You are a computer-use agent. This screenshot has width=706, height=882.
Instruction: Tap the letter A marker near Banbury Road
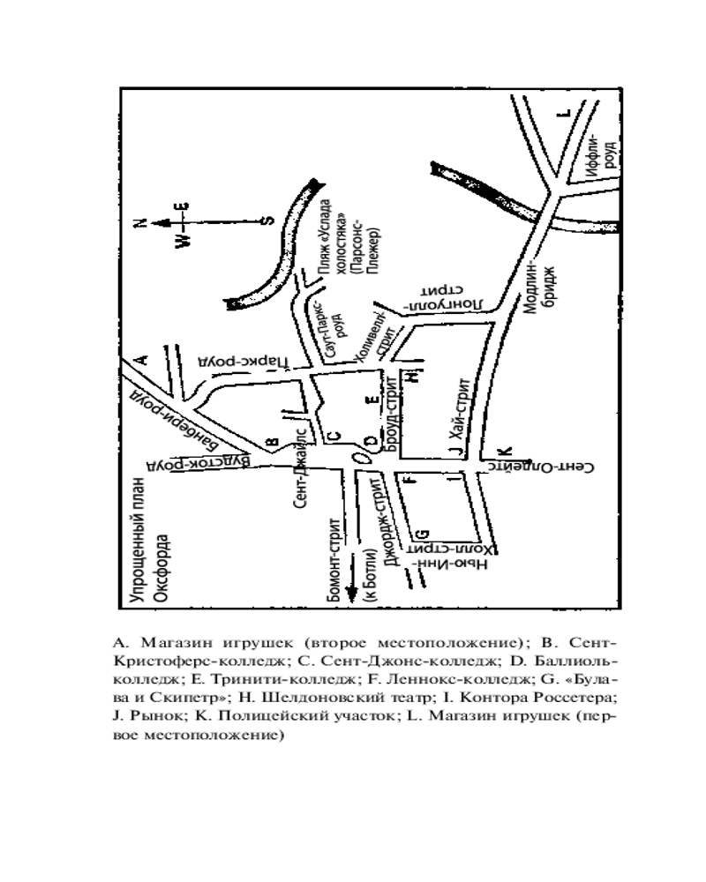click(x=143, y=358)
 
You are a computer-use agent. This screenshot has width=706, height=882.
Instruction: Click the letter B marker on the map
click(x=273, y=444)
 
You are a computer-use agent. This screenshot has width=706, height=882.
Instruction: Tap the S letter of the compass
click(x=268, y=221)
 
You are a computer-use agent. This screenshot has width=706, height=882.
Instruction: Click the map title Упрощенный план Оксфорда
click(x=148, y=541)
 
